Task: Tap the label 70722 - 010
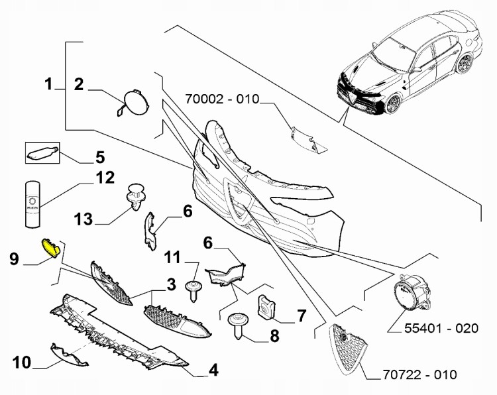coord(420,375)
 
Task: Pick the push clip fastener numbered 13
coord(135,196)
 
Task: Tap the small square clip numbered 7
coord(266,306)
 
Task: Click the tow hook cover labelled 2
coord(133,103)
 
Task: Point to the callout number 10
coord(22,362)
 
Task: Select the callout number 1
coord(48,84)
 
